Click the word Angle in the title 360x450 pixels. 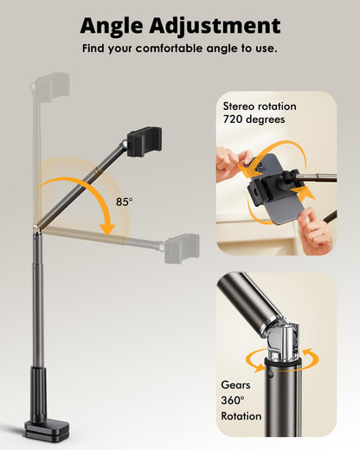(x=112, y=27)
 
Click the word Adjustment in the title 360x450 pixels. (x=215, y=27)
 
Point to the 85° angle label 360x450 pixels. (x=125, y=202)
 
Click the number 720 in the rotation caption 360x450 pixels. (x=232, y=119)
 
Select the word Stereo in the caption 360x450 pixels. (x=239, y=106)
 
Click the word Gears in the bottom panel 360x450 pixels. (x=235, y=385)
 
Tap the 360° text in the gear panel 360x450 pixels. (x=233, y=401)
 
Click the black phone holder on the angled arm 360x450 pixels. (x=145, y=142)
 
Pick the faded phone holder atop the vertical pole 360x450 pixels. (x=52, y=87)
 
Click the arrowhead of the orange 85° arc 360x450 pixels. (x=107, y=229)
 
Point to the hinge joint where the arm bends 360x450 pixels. (x=36, y=228)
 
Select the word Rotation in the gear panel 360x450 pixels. (x=241, y=416)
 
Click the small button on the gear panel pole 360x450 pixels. (x=271, y=375)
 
